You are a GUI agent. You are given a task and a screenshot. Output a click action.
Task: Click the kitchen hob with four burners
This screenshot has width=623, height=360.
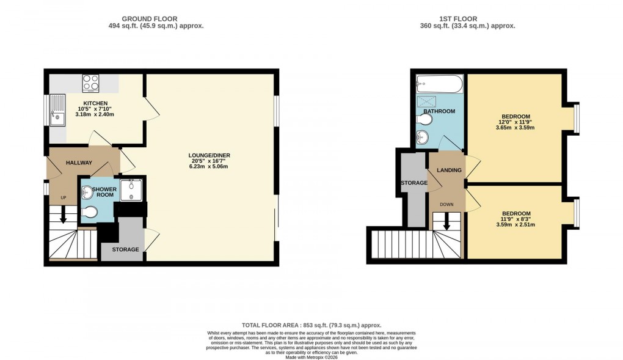pyautogui.click(x=91, y=82)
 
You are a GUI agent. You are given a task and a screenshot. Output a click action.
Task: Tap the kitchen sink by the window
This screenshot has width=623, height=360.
pyautogui.click(x=59, y=108)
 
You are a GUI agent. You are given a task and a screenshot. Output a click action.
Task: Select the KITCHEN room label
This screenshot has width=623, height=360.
pyautogui.click(x=95, y=103)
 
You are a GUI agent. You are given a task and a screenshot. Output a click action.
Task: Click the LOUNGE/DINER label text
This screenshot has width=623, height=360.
pyautogui.click(x=209, y=155)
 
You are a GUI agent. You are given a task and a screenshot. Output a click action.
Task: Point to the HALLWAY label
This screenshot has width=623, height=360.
pyautogui.click(x=79, y=163)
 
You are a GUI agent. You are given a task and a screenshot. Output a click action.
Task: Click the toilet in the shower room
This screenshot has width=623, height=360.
pyautogui.click(x=89, y=213)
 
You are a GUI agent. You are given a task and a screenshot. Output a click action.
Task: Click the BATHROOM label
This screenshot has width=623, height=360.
pyautogui.click(x=440, y=111)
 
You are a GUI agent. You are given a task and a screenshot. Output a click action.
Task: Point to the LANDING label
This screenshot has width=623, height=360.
pyautogui.click(x=448, y=170)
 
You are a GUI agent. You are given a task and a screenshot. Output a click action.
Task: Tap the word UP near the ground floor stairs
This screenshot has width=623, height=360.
pyautogui.click(x=63, y=198)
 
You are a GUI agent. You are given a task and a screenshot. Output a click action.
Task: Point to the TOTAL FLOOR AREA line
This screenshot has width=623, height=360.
pyautogui.click(x=311, y=325)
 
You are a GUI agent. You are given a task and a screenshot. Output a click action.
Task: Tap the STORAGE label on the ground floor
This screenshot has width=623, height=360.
pyautogui.click(x=125, y=249)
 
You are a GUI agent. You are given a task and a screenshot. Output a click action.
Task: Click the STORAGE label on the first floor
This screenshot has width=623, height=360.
pyautogui.click(x=413, y=182)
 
